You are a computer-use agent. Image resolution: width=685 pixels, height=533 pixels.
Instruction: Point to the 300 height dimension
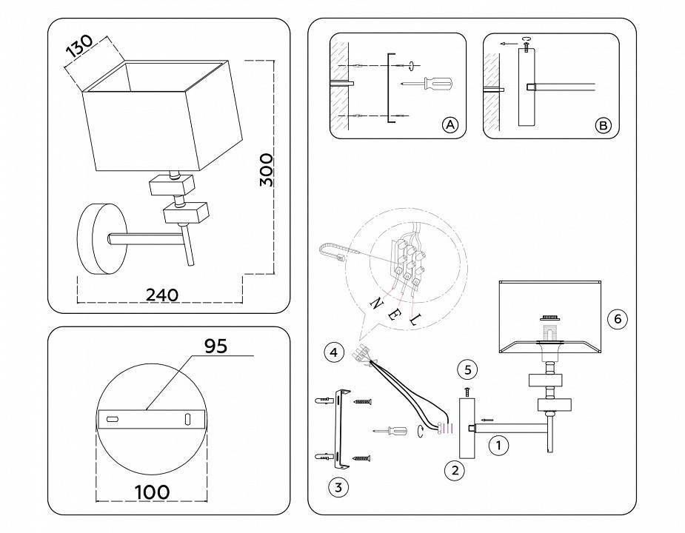(267, 170)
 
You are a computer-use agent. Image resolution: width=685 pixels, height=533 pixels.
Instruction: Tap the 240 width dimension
(161, 295)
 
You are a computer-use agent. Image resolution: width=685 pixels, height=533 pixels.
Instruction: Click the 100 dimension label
(153, 492)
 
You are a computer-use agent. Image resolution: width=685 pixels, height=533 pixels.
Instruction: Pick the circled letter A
(450, 125)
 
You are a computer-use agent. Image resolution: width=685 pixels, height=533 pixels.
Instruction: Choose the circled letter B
(604, 126)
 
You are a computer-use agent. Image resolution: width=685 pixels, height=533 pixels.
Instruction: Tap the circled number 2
(455, 469)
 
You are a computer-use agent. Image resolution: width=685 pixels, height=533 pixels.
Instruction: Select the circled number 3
(338, 486)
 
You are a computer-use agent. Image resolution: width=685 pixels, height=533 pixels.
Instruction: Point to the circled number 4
(334, 353)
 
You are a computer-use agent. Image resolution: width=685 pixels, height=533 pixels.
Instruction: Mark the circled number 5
(467, 369)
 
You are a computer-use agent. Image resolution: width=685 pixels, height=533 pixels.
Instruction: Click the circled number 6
(617, 319)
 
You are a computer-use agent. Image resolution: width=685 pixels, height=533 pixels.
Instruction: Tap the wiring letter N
(376, 304)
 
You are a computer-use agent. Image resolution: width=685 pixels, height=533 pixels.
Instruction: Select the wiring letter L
(414, 320)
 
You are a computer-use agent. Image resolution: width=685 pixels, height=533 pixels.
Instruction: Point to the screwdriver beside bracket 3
(391, 431)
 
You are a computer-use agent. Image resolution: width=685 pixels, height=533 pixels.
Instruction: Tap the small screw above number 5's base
(467, 390)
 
